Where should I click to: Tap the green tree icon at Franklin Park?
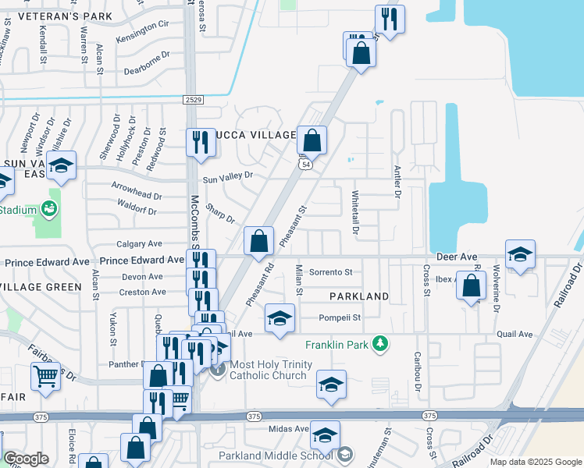(x=379, y=343)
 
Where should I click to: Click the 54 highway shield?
(x=307, y=165)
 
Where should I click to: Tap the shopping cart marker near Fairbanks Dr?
(x=45, y=378)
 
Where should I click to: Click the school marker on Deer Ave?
(x=520, y=254)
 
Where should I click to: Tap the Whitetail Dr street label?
(x=355, y=213)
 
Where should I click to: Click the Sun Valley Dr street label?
(x=228, y=178)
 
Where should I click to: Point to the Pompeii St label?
(x=340, y=317)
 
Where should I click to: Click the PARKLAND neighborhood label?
(x=358, y=296)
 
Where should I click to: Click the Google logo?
(x=26, y=459)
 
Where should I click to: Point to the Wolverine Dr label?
(x=496, y=289)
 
